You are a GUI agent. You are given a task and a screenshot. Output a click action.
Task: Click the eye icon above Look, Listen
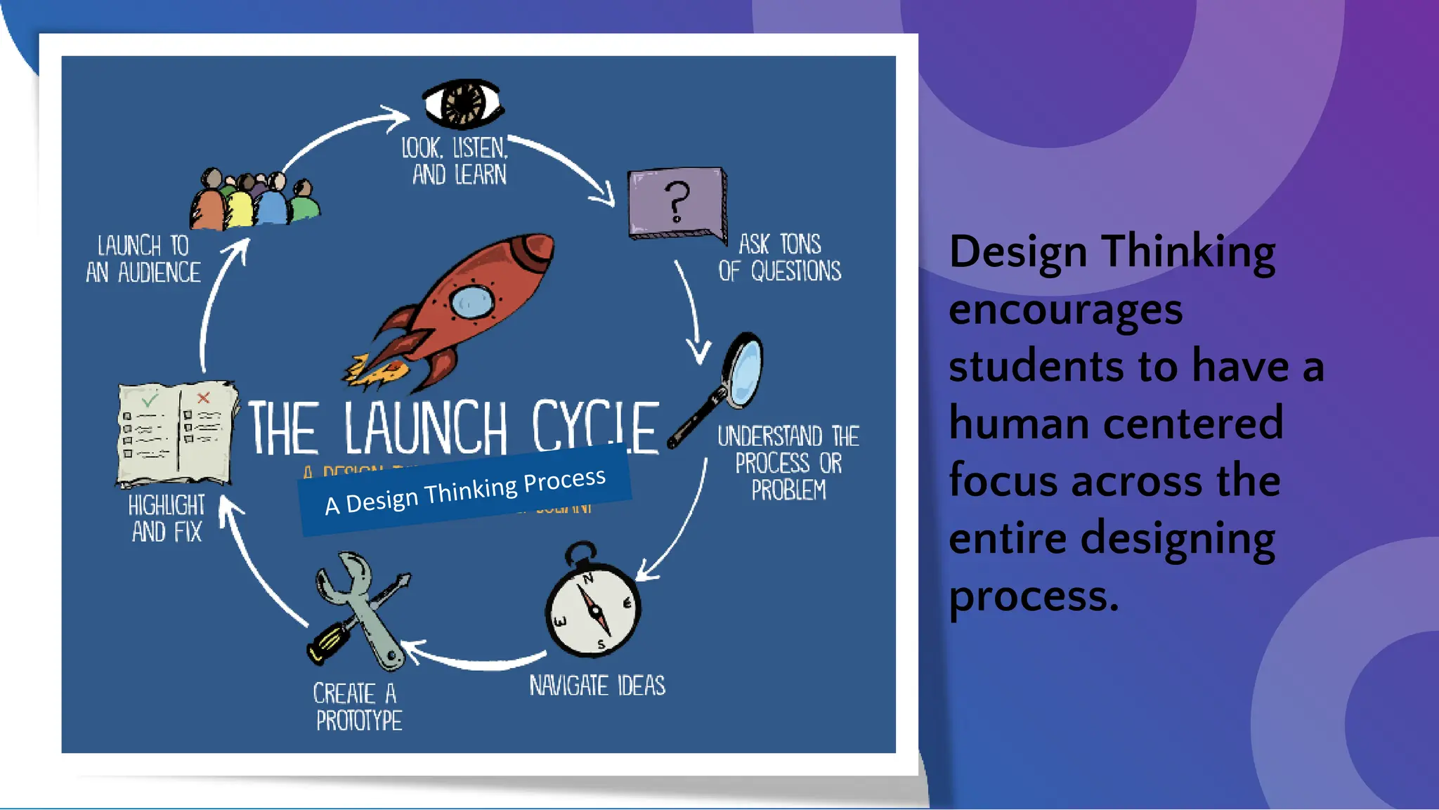coord(463,104)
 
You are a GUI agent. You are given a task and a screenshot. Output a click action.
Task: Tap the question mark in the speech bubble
coord(677,201)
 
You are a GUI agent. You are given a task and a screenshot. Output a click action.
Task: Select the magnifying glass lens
coord(744,369)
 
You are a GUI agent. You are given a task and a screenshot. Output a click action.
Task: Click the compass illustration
coord(594,607)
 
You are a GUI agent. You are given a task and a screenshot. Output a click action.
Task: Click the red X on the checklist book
coord(204,398)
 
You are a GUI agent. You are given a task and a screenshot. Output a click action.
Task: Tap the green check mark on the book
coord(150,400)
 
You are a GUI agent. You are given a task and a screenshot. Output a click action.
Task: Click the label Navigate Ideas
coord(597,686)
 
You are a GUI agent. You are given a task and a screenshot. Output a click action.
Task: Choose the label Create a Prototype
coord(358,707)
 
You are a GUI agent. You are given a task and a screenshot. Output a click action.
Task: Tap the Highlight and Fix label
coord(167,518)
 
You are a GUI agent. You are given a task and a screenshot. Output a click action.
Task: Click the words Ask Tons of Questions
coord(779,258)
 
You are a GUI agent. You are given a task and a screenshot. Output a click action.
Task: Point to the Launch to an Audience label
coord(143,259)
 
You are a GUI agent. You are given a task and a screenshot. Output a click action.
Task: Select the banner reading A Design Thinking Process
coord(465,490)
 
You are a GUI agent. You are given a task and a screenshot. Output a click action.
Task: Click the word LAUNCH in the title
coord(426,428)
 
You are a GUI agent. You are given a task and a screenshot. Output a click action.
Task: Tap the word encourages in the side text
coord(1065,310)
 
